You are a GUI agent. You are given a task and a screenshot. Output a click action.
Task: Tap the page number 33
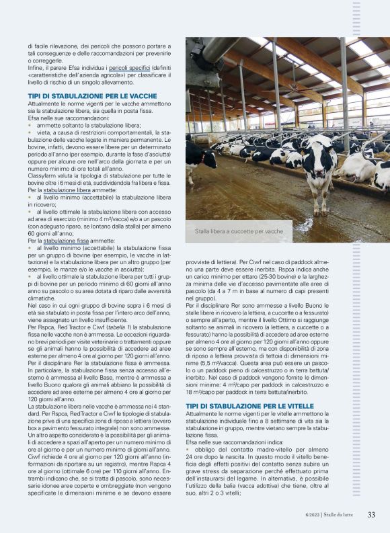pos(371,515)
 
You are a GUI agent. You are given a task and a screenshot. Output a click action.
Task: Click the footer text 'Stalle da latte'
pos(344,515)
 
